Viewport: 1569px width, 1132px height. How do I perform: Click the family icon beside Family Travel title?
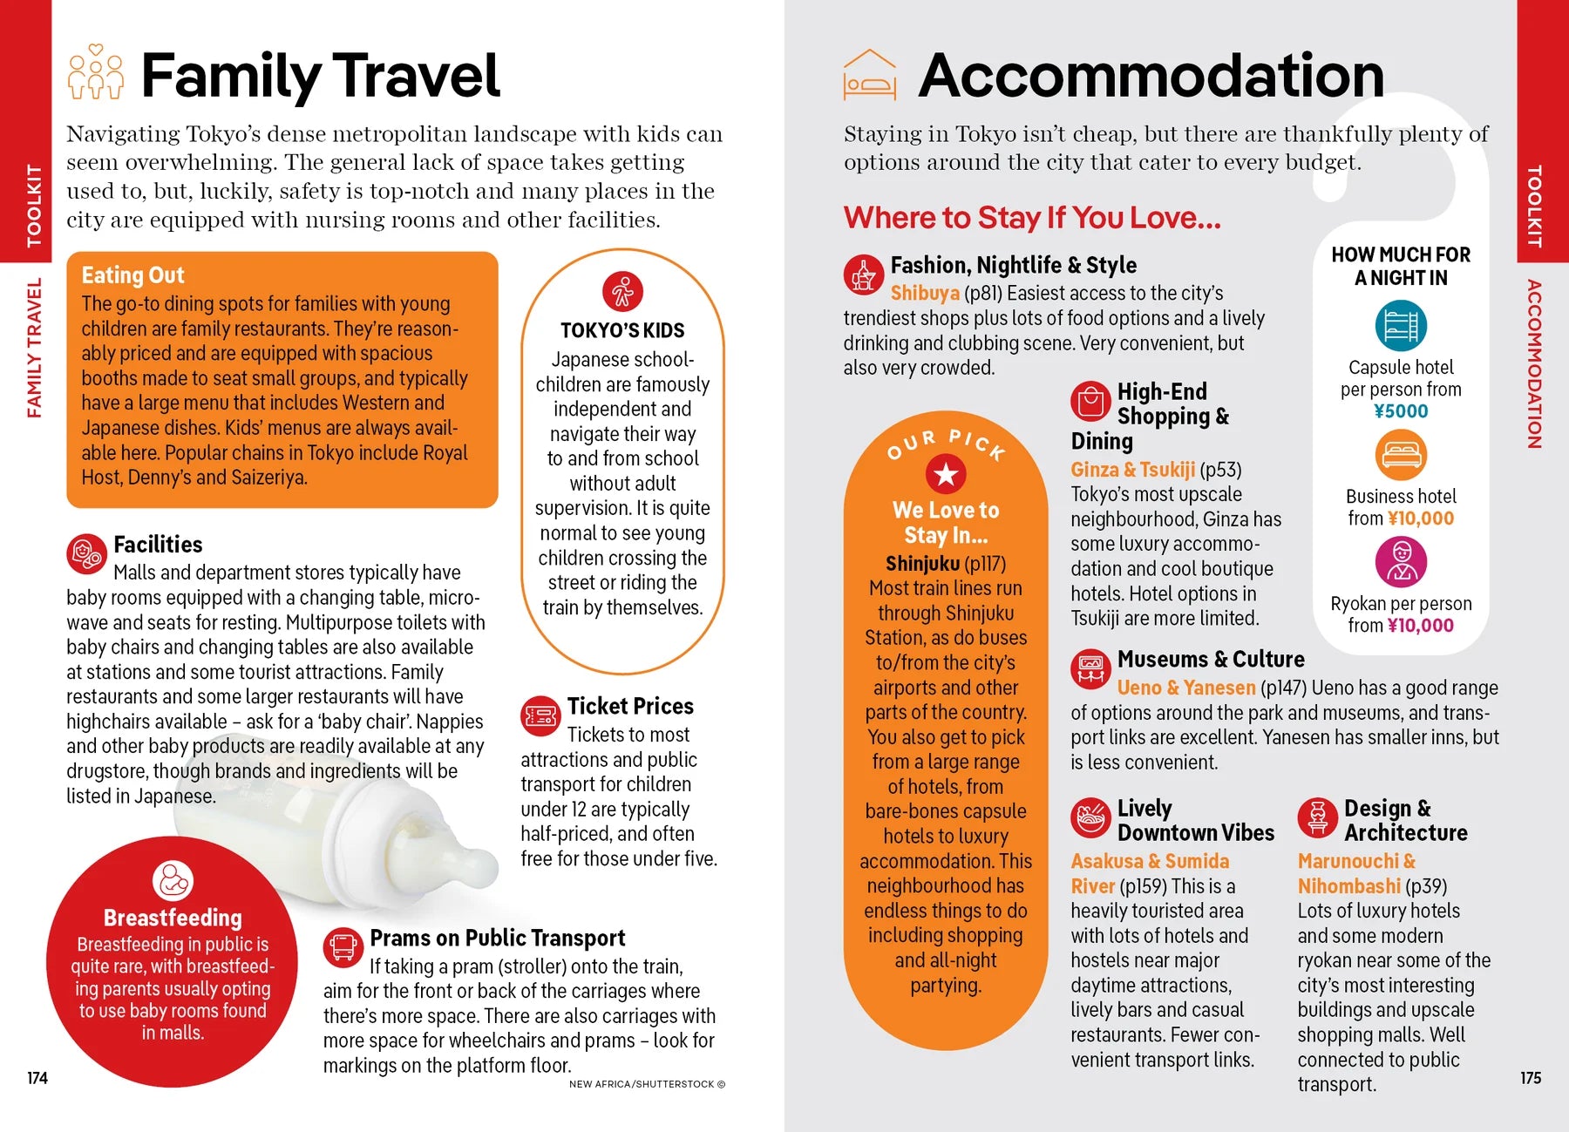96,72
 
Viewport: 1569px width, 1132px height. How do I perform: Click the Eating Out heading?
132,275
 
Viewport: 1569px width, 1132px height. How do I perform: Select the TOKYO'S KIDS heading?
622,331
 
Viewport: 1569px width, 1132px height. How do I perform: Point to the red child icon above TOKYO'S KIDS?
622,292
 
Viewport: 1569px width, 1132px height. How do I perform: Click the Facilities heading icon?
86,553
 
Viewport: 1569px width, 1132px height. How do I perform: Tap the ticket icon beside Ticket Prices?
540,716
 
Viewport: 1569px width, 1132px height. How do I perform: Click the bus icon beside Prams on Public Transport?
343,947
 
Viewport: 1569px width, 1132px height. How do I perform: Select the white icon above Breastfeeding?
173,881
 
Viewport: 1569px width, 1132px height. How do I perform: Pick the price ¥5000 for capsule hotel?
1401,411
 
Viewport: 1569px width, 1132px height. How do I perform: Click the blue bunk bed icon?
1401,326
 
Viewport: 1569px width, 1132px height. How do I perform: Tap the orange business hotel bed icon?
1401,455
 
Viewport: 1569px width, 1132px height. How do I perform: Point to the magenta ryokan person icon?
1401,561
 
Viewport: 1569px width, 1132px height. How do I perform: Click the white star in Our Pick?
946,475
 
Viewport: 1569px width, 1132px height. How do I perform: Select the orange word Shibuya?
925,294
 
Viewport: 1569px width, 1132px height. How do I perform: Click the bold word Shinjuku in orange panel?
922,564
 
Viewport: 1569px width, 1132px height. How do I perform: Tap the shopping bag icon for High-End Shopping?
1090,402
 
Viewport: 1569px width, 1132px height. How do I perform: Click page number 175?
1531,1078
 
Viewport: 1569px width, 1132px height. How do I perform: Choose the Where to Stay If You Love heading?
1032,218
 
